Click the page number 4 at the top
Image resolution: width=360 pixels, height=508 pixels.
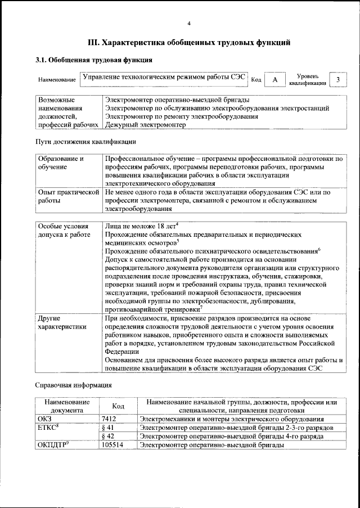189,23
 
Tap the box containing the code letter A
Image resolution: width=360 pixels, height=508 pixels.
274,80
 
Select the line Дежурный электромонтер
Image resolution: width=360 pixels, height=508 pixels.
145,125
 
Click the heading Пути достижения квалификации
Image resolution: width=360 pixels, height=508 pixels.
85,142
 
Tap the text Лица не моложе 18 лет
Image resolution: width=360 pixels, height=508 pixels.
141,226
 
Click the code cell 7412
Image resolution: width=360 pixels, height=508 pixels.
109,419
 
